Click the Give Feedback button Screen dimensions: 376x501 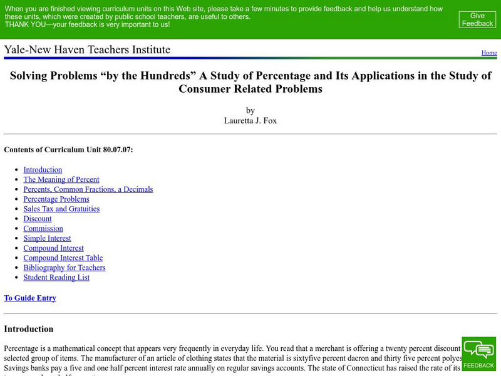click(x=477, y=19)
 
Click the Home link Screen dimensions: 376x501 click(x=489, y=53)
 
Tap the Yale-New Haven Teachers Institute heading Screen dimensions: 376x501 click(x=87, y=50)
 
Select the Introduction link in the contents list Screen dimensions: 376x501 click(x=43, y=170)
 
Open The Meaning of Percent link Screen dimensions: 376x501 click(x=61, y=180)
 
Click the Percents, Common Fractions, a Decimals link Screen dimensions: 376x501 click(x=88, y=189)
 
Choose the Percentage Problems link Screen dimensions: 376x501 click(x=56, y=199)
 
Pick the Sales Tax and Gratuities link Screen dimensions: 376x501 click(x=61, y=209)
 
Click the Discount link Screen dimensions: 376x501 click(x=38, y=219)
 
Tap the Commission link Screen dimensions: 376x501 click(x=43, y=229)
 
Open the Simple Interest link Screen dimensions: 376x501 click(x=47, y=238)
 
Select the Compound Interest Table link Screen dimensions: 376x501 click(x=63, y=258)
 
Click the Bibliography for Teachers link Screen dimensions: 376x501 click(x=65, y=268)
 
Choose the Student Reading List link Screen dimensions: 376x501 click(x=56, y=277)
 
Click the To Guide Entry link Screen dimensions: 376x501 click(x=30, y=298)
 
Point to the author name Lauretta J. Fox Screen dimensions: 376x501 click(x=250, y=120)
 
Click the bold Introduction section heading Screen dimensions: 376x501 click(x=29, y=329)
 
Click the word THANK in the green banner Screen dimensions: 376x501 click(x=16, y=24)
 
